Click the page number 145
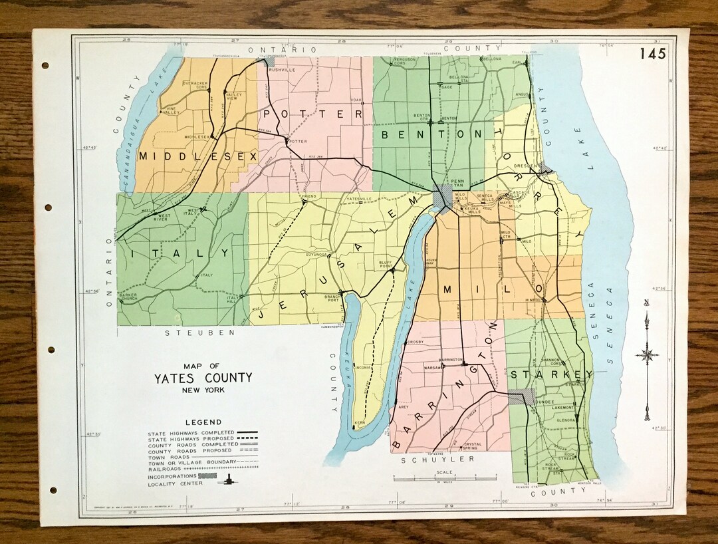click(653, 54)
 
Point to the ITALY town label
click(180, 253)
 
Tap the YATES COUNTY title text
click(203, 378)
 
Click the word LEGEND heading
click(203, 422)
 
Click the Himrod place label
click(535, 300)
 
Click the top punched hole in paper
click(45, 66)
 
